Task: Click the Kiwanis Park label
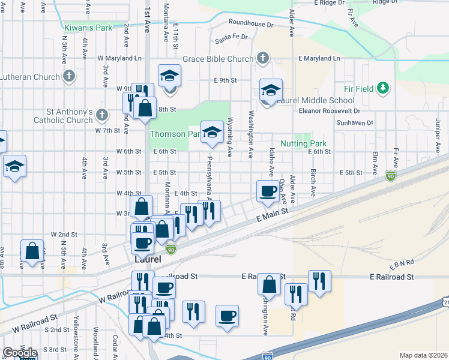(x=88, y=28)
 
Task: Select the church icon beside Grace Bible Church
(x=262, y=58)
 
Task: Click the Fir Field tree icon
(x=383, y=89)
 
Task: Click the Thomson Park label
(x=174, y=134)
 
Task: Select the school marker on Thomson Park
(x=211, y=133)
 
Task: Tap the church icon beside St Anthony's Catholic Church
(x=102, y=114)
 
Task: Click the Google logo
(x=20, y=353)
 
